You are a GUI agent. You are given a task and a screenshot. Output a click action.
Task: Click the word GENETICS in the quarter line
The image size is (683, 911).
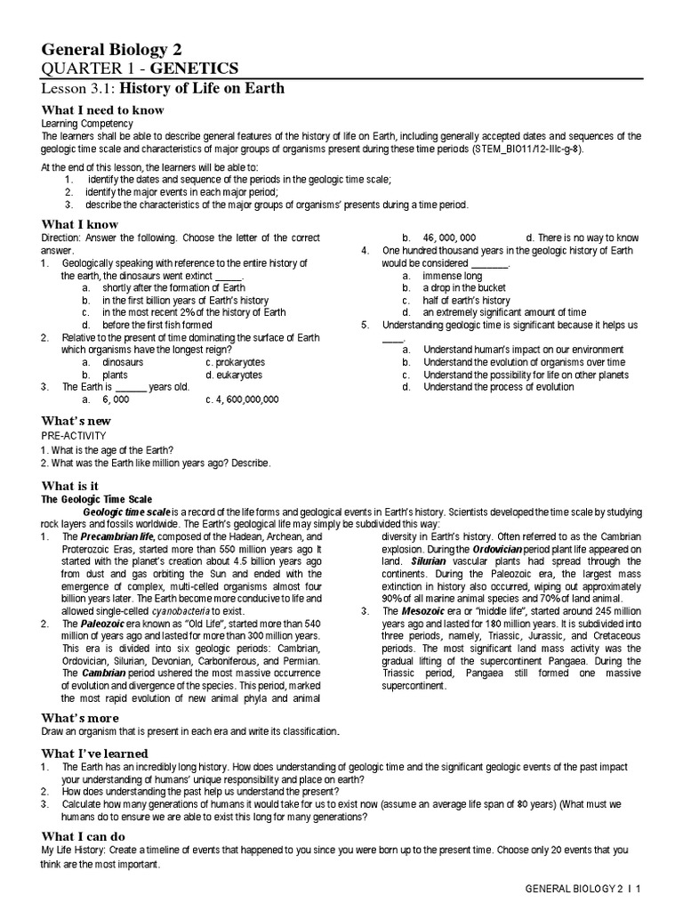click(x=195, y=69)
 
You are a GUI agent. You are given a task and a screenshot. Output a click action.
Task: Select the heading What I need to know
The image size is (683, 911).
click(x=102, y=109)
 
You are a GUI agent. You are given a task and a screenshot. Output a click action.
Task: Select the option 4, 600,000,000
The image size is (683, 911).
click(x=242, y=399)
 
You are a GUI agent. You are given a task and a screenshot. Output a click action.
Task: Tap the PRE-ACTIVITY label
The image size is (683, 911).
click(x=74, y=436)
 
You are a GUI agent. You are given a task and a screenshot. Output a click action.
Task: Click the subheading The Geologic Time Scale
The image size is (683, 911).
click(x=97, y=500)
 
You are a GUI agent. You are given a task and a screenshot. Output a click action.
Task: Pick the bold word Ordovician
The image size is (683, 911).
click(x=503, y=550)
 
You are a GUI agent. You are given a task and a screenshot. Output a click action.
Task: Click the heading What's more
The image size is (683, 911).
click(x=80, y=717)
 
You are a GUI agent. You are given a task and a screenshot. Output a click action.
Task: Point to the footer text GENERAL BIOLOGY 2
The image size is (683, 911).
click(x=575, y=889)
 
